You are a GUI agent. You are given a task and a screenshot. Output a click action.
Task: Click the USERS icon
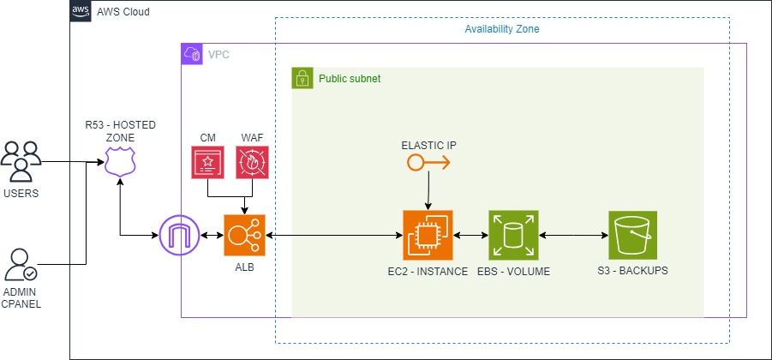click(21, 160)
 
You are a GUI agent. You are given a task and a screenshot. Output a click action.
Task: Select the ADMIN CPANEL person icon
click(21, 265)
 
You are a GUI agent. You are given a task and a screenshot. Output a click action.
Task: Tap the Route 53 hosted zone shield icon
click(121, 160)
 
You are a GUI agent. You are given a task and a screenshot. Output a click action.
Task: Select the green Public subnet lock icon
click(302, 78)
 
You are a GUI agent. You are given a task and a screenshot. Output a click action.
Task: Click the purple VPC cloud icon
click(191, 54)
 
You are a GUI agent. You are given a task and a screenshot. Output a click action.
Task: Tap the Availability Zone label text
click(501, 29)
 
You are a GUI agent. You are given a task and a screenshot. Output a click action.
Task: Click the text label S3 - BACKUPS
click(632, 272)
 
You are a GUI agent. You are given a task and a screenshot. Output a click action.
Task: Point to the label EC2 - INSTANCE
click(427, 272)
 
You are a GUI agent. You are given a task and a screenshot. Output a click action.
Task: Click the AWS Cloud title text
click(125, 13)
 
